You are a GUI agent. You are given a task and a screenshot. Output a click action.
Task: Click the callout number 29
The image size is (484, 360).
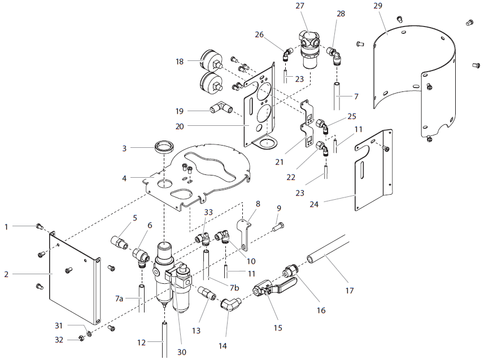377,6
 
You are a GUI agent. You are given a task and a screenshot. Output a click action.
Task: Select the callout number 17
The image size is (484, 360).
350,291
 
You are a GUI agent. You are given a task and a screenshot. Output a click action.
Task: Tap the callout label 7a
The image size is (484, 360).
119,298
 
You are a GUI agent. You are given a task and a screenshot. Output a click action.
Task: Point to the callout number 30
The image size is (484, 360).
182,352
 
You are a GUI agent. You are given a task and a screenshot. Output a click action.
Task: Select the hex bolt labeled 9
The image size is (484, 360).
278,227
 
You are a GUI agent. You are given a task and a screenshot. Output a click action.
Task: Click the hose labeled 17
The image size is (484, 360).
328,250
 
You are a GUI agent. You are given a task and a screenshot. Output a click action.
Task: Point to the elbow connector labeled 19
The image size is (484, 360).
221,108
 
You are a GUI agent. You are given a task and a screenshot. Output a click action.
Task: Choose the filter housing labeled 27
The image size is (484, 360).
309,49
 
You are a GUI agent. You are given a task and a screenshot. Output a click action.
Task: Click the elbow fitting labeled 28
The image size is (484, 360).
334,55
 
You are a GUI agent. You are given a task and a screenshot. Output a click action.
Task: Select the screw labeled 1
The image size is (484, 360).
40,226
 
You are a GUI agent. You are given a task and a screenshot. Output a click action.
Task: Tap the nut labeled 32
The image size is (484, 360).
82,338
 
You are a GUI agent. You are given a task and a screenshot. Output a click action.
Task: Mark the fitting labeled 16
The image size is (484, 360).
291,270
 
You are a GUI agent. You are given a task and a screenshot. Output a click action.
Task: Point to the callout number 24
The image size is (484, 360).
314,204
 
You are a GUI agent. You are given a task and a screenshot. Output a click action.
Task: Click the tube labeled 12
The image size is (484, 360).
164,339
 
